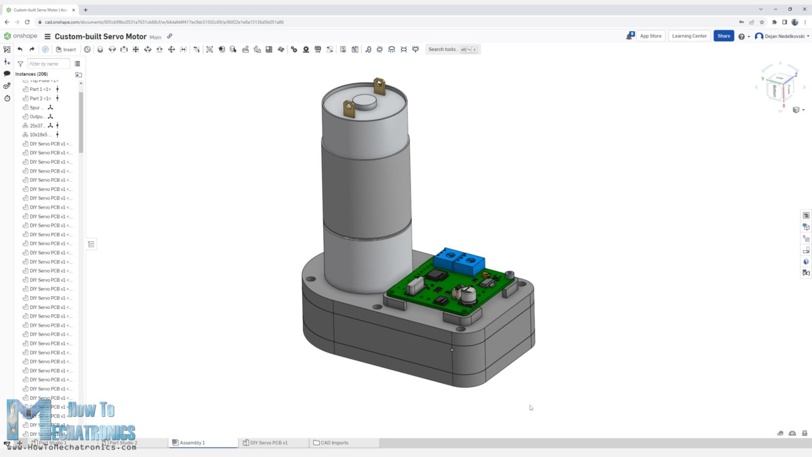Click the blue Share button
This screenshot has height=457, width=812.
pyautogui.click(x=723, y=36)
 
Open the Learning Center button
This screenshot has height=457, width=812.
pyautogui.click(x=689, y=36)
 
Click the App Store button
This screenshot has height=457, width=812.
pyautogui.click(x=650, y=36)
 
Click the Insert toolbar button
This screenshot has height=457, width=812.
pyautogui.click(x=66, y=49)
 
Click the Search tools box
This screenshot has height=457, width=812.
pyautogui.click(x=443, y=49)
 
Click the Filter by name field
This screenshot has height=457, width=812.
pyautogui.click(x=48, y=64)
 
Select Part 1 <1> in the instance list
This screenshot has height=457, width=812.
pyautogui.click(x=40, y=89)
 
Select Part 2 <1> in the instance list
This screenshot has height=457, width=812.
pyautogui.click(x=40, y=98)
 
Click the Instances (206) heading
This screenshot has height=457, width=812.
pyautogui.click(x=31, y=74)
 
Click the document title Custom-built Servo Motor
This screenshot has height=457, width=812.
pyautogui.click(x=100, y=36)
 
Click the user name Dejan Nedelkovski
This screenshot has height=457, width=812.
pyautogui.click(x=784, y=36)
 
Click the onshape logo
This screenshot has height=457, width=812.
pyautogui.click(x=21, y=36)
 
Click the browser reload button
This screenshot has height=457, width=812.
pyautogui.click(x=27, y=22)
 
